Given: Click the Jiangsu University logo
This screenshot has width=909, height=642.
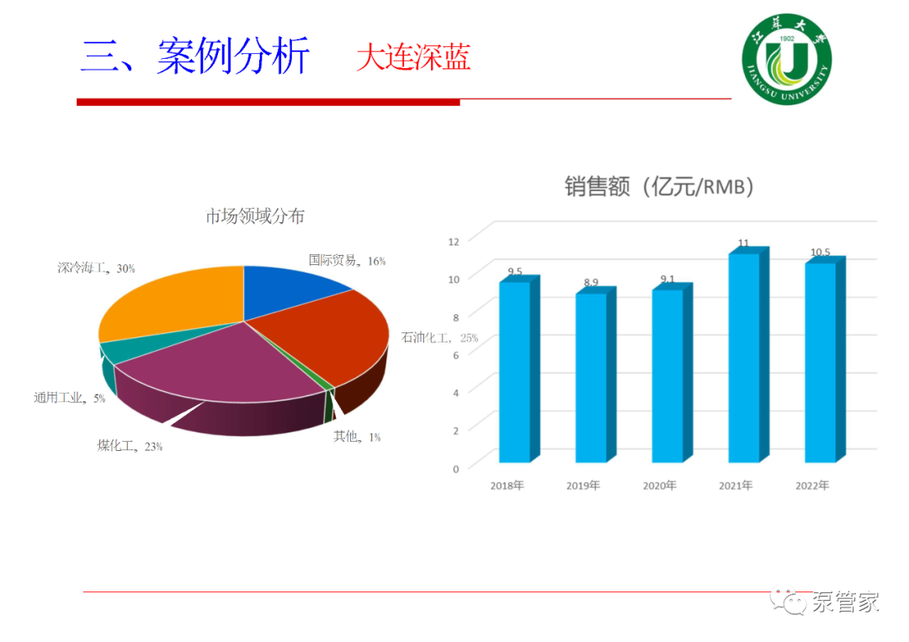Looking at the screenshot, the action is (x=787, y=59).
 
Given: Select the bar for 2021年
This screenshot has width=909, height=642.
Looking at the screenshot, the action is (x=748, y=354).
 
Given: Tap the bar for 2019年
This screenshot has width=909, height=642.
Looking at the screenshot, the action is (x=595, y=374).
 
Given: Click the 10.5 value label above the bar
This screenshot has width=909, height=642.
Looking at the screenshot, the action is (x=821, y=252).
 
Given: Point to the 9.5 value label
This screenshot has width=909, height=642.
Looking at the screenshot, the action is (x=515, y=271).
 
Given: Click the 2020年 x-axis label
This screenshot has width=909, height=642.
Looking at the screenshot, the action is (x=660, y=485).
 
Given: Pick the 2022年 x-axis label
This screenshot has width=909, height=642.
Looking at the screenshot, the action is (x=812, y=485).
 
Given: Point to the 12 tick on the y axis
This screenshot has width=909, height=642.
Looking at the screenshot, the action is (x=454, y=241).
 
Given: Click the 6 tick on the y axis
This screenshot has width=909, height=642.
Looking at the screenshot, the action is (x=456, y=355).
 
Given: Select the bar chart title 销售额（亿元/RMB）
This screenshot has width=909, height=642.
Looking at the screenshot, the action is (x=659, y=187).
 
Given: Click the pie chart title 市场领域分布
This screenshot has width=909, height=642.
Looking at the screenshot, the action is (x=255, y=216).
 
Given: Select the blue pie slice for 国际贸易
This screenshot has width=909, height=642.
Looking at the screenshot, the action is (x=290, y=287).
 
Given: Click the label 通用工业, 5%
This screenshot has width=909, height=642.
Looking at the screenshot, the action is (x=70, y=397).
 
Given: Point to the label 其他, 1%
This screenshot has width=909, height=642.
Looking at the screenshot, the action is (x=357, y=437).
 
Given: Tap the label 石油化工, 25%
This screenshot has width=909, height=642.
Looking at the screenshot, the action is (x=439, y=337).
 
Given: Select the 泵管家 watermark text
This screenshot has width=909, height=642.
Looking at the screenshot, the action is (x=845, y=602).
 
